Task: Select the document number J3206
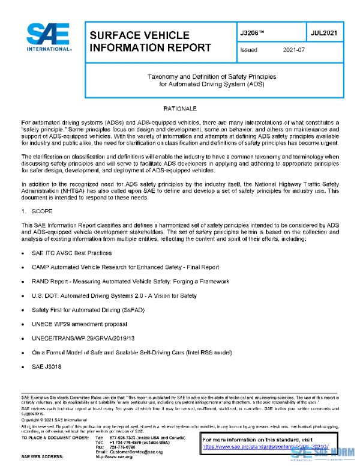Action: [x=253, y=32]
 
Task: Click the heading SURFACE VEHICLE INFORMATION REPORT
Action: [x=150, y=41]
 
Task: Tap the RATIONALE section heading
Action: [x=180, y=108]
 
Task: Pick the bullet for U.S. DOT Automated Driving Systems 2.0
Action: [x=114, y=296]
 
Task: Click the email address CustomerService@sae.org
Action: [x=136, y=451]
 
